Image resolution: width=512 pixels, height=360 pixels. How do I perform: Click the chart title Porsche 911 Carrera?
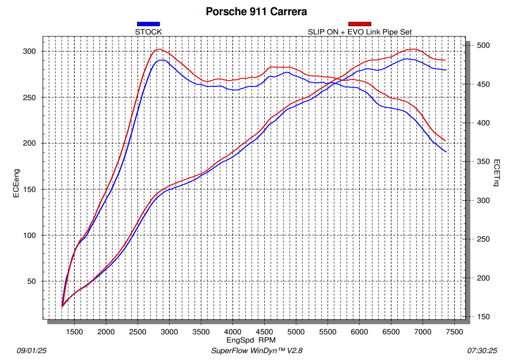(256, 11)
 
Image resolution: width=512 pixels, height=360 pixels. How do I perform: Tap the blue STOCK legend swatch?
(148, 24)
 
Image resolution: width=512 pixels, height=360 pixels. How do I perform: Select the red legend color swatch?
(360, 24)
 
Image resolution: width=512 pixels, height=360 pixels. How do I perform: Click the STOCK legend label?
(149, 32)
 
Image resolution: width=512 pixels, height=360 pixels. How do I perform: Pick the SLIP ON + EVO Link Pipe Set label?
(360, 32)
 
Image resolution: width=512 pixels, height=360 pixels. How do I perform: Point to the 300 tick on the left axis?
(29, 51)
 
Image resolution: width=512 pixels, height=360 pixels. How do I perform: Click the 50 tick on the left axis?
(31, 281)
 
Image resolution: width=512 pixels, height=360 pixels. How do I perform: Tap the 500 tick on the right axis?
(483, 45)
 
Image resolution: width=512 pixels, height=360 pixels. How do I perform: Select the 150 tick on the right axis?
(483, 316)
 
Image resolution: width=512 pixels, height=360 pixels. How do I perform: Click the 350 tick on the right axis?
(483, 162)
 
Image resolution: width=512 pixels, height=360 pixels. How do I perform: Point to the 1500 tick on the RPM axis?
(74, 332)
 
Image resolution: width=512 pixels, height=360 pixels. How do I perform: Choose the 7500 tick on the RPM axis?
(455, 332)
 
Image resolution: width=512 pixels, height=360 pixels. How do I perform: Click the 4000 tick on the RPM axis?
(233, 332)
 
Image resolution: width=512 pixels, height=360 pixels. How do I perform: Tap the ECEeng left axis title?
(17, 183)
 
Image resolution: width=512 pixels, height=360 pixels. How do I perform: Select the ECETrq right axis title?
(496, 173)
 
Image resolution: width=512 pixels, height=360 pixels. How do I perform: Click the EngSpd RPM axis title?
(251, 340)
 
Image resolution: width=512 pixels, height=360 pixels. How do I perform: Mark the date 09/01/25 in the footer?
(32, 351)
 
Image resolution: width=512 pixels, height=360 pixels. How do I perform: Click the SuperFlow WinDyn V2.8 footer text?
(256, 351)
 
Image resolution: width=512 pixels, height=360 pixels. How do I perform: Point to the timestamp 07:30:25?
(482, 351)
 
